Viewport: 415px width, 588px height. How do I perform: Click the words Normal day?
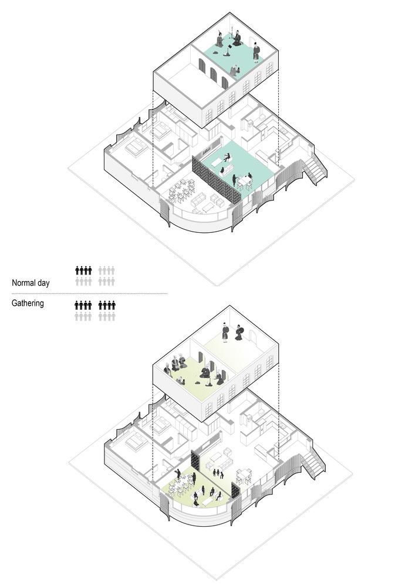tap(31, 283)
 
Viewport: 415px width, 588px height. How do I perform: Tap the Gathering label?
tap(28, 303)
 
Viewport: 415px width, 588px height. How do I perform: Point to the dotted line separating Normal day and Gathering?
tap(89, 293)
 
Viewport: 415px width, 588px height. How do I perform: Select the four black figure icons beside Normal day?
tap(83, 270)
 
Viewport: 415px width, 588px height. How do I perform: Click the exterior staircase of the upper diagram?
tap(315, 168)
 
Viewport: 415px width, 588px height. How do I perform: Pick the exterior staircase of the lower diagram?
tap(313, 463)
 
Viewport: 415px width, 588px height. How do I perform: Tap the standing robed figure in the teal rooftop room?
tap(257, 52)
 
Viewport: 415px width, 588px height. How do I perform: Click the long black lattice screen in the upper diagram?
tap(216, 180)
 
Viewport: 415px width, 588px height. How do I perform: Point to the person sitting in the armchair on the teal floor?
tap(227, 157)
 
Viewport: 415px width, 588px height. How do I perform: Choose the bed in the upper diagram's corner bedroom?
tap(136, 148)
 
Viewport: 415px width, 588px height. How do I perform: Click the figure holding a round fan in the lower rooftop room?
tap(239, 333)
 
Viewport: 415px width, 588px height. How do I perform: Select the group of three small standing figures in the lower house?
tap(218, 473)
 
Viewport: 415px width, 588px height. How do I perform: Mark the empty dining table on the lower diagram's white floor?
tap(244, 476)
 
